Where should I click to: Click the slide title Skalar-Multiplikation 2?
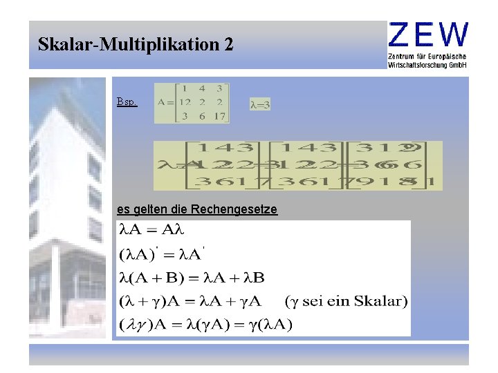(x=136, y=46)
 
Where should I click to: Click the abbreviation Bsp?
(x=127, y=102)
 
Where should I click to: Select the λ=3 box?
(x=259, y=105)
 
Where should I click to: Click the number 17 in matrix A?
(x=219, y=116)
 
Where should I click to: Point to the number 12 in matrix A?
(x=185, y=102)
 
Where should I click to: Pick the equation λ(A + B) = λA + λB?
(x=192, y=278)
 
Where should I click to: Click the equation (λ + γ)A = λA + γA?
(x=190, y=301)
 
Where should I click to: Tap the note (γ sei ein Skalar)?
(x=346, y=301)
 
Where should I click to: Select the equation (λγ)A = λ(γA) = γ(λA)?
(x=205, y=325)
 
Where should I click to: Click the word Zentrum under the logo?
(x=404, y=55)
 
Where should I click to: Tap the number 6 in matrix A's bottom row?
(x=201, y=116)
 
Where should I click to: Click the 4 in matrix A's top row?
(x=201, y=88)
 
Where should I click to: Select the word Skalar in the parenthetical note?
(x=384, y=301)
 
